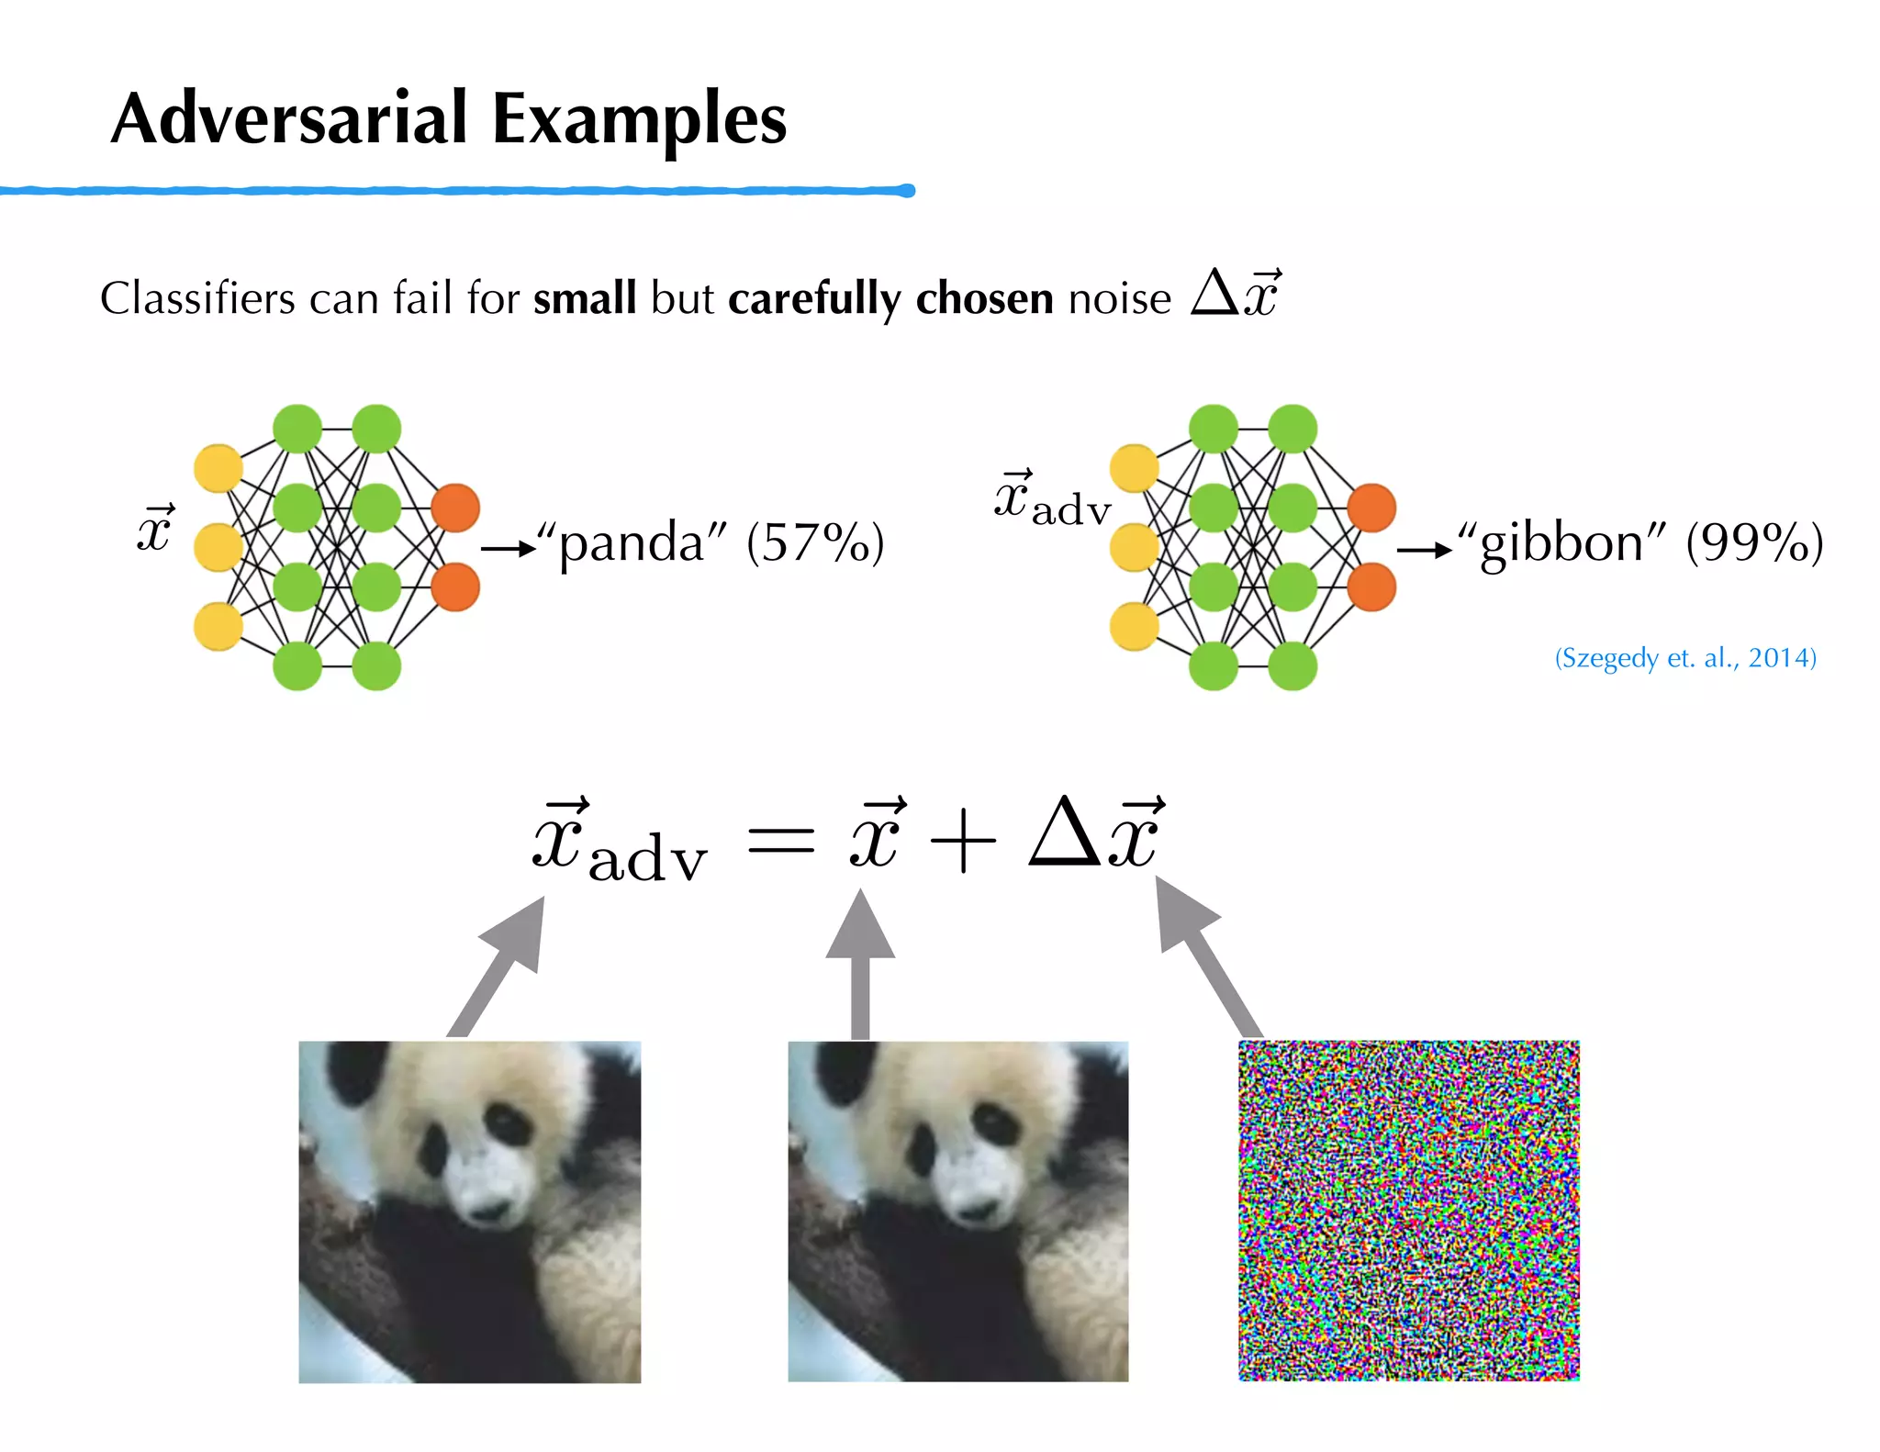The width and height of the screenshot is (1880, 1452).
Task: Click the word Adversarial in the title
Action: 290,118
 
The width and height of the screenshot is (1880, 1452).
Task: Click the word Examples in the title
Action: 640,120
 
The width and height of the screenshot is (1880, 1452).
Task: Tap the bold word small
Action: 585,298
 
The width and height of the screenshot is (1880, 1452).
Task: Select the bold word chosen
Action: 984,298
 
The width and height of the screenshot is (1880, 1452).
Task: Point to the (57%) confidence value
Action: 815,542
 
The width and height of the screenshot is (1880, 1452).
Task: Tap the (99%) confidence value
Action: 1754,542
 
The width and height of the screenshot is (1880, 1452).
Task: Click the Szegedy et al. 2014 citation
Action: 1685,658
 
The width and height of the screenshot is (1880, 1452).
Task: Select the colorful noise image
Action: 1408,1211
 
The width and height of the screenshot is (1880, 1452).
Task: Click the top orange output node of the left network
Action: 455,508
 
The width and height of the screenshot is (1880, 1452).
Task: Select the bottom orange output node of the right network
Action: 1371,587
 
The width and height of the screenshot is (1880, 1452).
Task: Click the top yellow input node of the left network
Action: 218,469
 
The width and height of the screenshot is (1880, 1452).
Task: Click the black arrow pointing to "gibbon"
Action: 1424,550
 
